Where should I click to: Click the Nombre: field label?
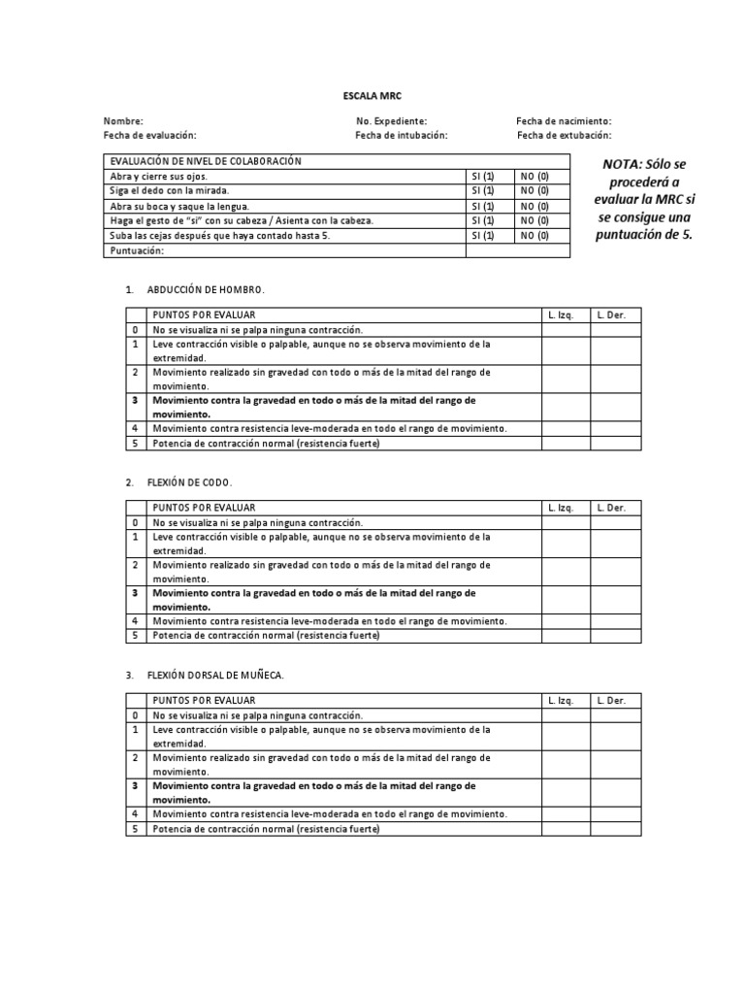(123, 121)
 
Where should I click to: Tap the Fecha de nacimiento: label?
(564, 121)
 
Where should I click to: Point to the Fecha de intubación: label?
(402, 136)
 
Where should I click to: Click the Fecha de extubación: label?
(564, 136)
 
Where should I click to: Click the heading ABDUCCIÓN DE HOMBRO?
(205, 290)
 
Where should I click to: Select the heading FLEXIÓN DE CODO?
(190, 482)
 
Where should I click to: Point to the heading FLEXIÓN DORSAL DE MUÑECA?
(215, 675)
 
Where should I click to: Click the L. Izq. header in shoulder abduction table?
(561, 315)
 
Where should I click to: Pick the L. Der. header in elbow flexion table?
(611, 508)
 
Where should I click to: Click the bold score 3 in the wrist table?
(136, 785)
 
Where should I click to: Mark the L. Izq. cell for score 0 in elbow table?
(566, 522)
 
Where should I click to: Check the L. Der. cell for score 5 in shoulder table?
(616, 444)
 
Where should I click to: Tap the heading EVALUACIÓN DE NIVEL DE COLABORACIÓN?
(206, 161)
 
